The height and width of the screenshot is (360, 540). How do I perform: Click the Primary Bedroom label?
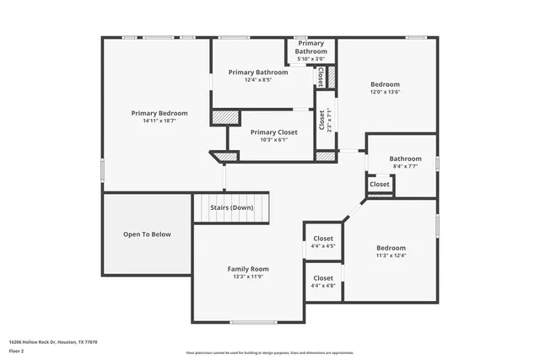(x=159, y=113)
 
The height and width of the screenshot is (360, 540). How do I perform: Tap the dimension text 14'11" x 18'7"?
(x=159, y=121)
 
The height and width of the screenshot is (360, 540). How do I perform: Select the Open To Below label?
(x=147, y=234)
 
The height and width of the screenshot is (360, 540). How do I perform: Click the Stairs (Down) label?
(x=231, y=207)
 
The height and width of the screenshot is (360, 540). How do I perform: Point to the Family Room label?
(x=247, y=269)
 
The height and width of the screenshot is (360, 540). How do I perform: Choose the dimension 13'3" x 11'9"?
(x=247, y=277)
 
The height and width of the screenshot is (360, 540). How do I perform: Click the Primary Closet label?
(x=275, y=132)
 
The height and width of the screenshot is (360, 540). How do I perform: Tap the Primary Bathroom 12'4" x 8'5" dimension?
(x=258, y=81)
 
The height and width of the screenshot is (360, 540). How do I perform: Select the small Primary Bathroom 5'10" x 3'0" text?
(x=310, y=58)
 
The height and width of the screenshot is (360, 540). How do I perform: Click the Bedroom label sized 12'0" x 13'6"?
(x=386, y=84)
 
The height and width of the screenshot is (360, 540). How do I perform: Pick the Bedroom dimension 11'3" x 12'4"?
(x=390, y=256)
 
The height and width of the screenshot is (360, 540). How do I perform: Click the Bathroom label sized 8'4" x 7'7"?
(x=405, y=159)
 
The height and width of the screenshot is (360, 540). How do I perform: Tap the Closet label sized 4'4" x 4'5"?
(x=323, y=239)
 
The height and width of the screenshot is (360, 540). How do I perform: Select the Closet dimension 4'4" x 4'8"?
(x=323, y=287)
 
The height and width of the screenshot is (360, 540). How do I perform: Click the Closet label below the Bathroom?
(x=380, y=184)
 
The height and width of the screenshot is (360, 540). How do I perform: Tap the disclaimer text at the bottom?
(x=270, y=352)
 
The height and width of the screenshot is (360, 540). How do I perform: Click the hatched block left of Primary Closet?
(x=224, y=118)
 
